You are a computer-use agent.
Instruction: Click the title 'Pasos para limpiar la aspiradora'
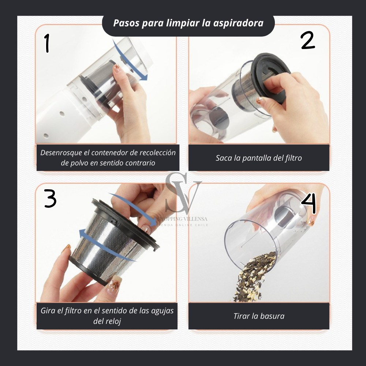click(x=188, y=23)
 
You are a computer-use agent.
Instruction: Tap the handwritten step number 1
click(x=47, y=43)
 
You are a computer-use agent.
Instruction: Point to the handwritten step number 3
click(x=50, y=199)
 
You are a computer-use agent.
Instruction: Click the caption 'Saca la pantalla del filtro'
click(x=259, y=158)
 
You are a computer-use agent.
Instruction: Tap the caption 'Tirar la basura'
click(x=259, y=316)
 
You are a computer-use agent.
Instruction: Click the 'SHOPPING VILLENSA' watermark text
click(x=183, y=219)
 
